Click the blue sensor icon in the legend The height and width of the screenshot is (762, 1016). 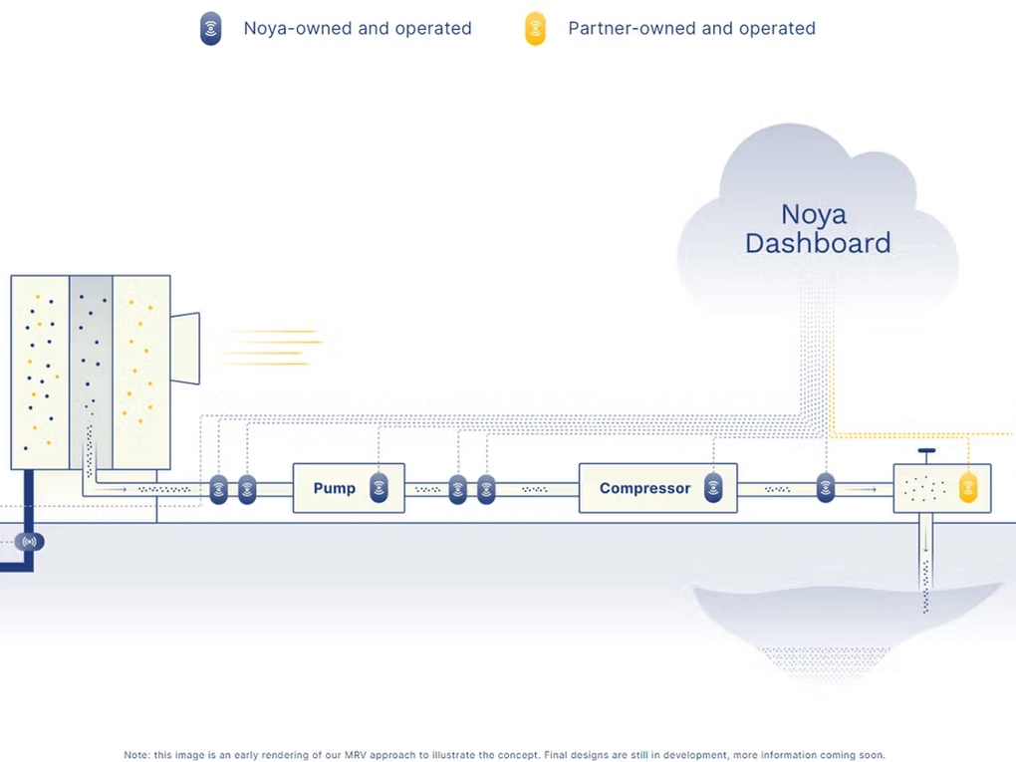tap(210, 29)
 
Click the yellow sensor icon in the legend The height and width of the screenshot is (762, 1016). tap(536, 29)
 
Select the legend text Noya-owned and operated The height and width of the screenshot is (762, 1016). tap(358, 29)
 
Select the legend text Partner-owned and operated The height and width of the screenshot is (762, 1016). tap(691, 29)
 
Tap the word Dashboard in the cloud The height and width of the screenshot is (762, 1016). tap(818, 243)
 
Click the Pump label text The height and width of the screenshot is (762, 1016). tap(334, 488)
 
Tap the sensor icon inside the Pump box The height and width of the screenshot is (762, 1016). tap(379, 488)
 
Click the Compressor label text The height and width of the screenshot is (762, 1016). tap(644, 488)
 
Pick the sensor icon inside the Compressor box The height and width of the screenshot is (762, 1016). tap(713, 488)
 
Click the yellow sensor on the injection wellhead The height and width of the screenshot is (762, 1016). tap(967, 488)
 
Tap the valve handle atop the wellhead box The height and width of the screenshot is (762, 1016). tap(926, 452)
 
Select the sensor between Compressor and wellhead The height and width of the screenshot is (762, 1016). tap(825, 488)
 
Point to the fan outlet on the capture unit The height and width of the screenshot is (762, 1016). tap(185, 348)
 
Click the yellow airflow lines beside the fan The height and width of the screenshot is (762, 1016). tap(271, 348)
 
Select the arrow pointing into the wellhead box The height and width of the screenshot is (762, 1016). tap(863, 489)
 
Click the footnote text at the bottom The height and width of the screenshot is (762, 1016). tap(504, 755)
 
